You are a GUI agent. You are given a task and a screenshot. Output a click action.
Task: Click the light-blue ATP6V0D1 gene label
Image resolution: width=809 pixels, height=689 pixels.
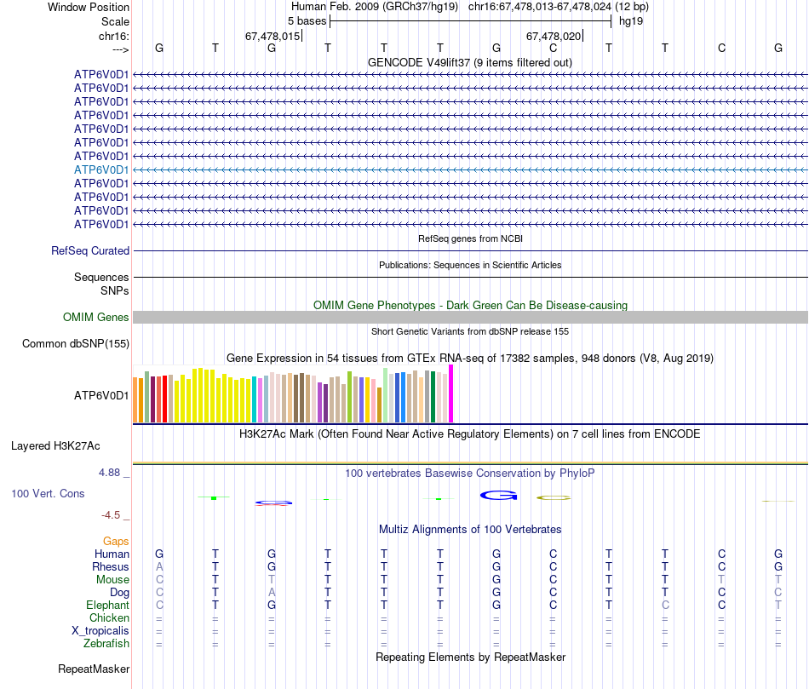point(101,169)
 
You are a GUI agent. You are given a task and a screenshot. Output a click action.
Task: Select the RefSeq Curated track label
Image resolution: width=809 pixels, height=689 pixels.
point(90,251)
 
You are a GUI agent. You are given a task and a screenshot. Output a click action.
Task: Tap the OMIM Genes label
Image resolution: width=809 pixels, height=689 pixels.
point(96,318)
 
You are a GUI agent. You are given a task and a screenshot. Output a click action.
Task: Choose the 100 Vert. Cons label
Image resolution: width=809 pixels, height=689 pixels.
point(48,494)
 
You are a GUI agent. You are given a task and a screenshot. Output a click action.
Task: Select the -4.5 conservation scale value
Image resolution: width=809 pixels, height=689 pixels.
point(115,515)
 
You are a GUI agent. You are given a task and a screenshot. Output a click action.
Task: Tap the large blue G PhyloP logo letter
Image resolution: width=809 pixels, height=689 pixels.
point(498,495)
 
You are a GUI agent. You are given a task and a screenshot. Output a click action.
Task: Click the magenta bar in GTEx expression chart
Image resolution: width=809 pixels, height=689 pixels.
point(451,393)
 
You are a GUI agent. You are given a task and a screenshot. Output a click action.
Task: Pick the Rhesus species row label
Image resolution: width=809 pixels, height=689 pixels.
point(111,567)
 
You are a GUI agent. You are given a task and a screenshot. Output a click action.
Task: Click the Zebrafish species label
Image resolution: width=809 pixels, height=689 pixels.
point(106,644)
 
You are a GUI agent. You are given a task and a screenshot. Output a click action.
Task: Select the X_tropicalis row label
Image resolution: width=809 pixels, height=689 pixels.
point(100,631)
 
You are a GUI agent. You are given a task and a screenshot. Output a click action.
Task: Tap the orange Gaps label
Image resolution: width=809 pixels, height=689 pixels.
point(116,542)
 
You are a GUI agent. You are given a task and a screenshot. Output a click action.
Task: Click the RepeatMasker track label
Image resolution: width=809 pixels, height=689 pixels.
point(94,669)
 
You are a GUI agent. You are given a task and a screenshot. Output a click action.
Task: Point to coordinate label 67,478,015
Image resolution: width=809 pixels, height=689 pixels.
point(273,37)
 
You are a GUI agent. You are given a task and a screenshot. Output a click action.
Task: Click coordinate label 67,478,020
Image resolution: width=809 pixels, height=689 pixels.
point(554,37)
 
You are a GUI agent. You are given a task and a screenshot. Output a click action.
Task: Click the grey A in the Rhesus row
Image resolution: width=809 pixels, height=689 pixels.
point(159,567)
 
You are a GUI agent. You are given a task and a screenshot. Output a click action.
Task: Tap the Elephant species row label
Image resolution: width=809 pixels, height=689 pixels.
point(106,606)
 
